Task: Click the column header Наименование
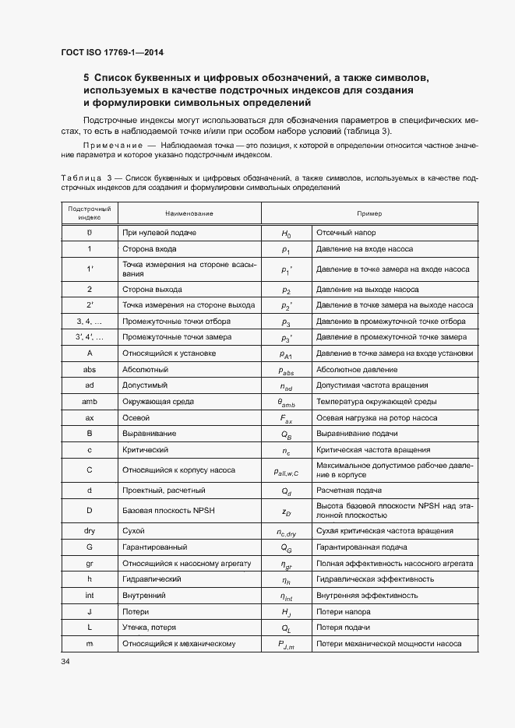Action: pos(189,213)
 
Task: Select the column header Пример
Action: pos(369,213)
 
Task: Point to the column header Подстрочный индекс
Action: pos(90,213)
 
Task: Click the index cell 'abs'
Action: pos(90,370)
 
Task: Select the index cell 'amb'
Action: pos(90,402)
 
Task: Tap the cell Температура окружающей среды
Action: pos(376,402)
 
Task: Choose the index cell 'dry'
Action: pos(90,531)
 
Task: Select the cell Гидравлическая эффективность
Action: pos(375,579)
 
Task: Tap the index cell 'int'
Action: pos(90,596)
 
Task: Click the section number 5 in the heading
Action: pos(86,78)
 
